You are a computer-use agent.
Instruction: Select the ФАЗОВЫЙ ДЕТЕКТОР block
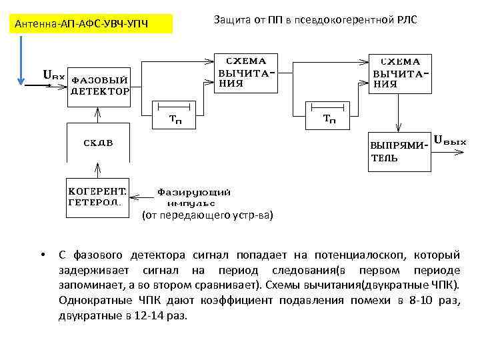point(100,86)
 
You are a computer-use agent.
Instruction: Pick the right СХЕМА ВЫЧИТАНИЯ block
point(400,73)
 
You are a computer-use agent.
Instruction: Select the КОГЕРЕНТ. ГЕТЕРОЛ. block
point(99,197)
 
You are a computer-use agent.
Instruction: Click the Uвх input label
point(54,75)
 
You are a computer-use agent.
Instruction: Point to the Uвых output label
point(450,141)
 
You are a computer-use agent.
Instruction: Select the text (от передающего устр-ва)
point(207,215)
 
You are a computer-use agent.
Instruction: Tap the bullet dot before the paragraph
point(42,255)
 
